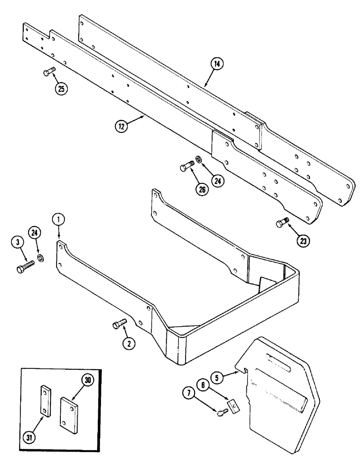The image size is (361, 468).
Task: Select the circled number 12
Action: (122, 125)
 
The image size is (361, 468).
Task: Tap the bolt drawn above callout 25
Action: (48, 71)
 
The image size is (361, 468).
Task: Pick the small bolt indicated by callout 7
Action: (221, 411)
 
